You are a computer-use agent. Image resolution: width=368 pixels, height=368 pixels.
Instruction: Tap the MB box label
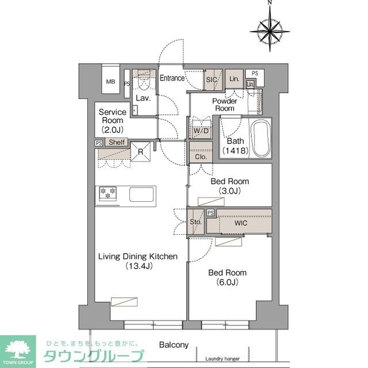pos(110,82)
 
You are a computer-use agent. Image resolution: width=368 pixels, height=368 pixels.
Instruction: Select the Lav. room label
pos(143,98)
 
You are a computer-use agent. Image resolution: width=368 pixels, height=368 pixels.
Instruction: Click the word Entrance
pos(172,78)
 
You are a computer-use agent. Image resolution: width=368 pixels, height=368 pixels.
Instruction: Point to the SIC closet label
pos(211,80)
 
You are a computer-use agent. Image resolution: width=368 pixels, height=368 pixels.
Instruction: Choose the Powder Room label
pos(224,105)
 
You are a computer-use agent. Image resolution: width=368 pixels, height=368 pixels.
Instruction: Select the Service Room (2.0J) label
pos(113,120)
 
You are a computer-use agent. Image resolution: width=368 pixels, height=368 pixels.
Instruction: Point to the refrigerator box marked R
pos(140,152)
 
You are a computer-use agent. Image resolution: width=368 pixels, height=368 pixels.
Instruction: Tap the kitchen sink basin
pos(141,194)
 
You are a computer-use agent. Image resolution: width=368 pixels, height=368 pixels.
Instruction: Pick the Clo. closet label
pos(201,156)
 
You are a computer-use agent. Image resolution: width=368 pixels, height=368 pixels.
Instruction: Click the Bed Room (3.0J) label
pos(229,186)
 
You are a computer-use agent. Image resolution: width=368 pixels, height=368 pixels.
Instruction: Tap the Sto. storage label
pos(195,222)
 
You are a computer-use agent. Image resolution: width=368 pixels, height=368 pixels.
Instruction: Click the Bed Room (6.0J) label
pos(228,277)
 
